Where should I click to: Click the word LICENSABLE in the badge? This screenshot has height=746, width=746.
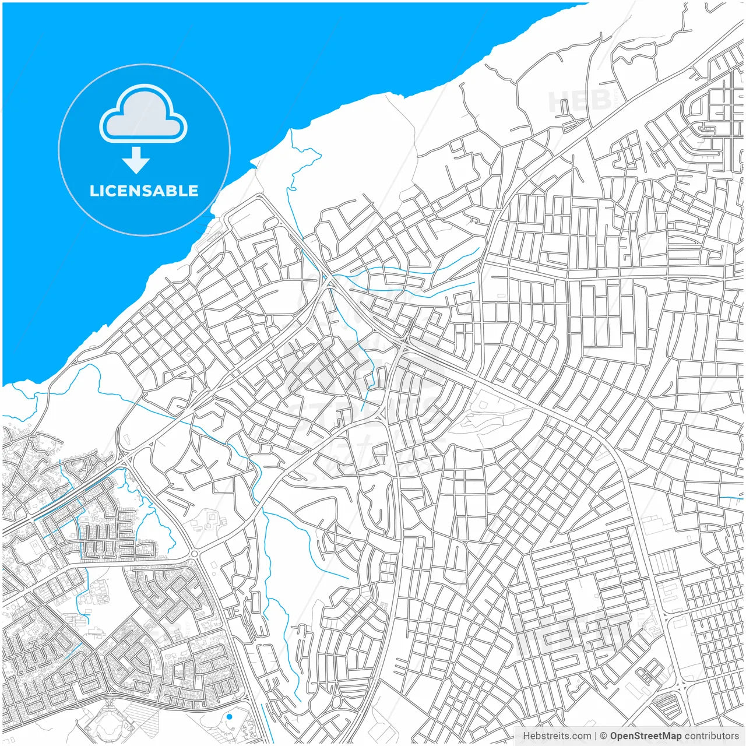pos(144,191)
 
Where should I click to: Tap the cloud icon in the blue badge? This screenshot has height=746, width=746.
pos(143,114)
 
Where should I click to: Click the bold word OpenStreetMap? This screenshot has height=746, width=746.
pos(645,736)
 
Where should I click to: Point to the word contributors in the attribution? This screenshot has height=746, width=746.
pos(712,736)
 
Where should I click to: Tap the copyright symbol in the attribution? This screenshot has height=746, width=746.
pos(604,736)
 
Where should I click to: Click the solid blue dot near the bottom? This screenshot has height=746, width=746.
pos(230,716)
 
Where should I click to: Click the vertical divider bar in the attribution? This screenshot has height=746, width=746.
pos(596,736)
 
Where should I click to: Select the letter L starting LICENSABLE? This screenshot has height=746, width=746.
pos(93,191)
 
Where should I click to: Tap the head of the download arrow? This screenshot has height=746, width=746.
pos(136,166)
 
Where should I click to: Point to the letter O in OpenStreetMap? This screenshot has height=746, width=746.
pos(614,736)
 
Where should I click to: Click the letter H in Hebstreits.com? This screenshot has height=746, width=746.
pos(526,736)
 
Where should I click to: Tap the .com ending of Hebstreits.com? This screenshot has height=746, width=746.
pos(580,736)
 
